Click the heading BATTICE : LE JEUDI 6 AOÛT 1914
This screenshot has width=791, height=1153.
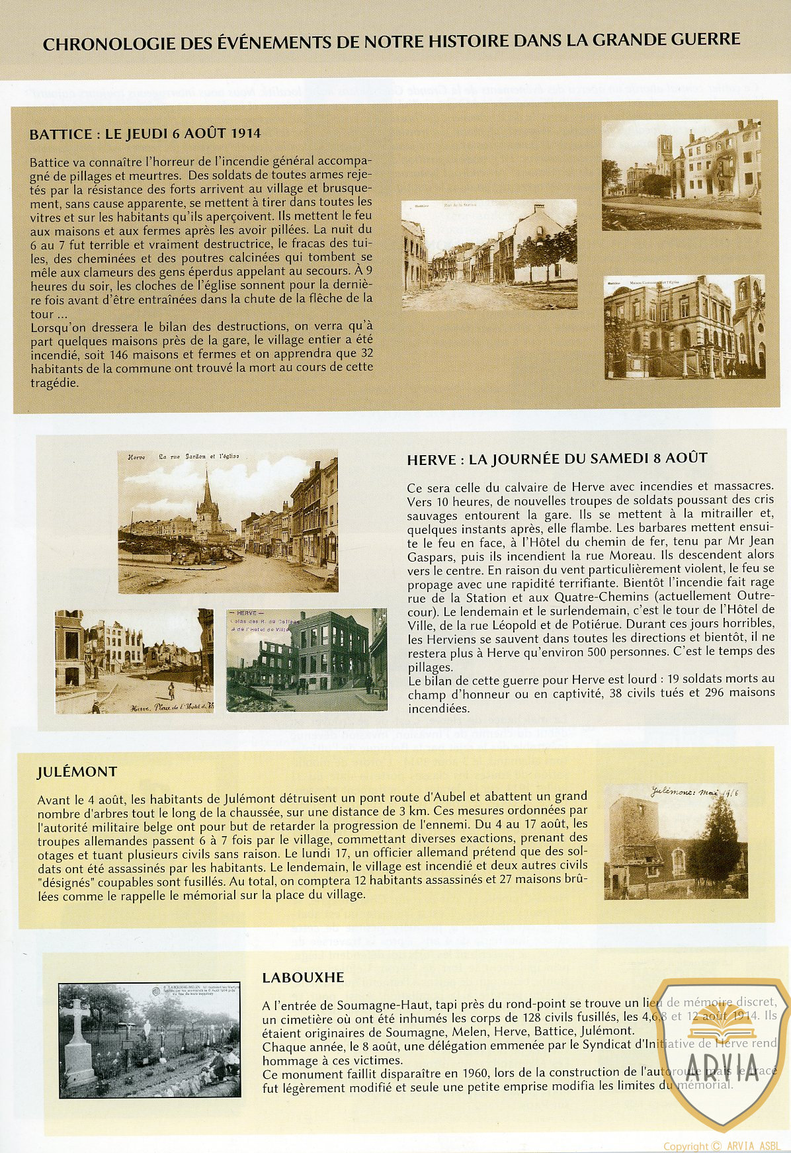(x=145, y=134)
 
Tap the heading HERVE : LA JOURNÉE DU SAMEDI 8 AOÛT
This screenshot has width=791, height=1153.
(x=557, y=458)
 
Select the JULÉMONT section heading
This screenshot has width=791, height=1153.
(x=77, y=771)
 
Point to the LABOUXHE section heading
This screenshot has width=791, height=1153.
(x=303, y=977)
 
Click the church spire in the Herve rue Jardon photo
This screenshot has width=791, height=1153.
(x=207, y=490)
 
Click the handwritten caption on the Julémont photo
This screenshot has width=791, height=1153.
(x=694, y=791)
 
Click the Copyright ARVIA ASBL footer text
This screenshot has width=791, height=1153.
(x=722, y=1146)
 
